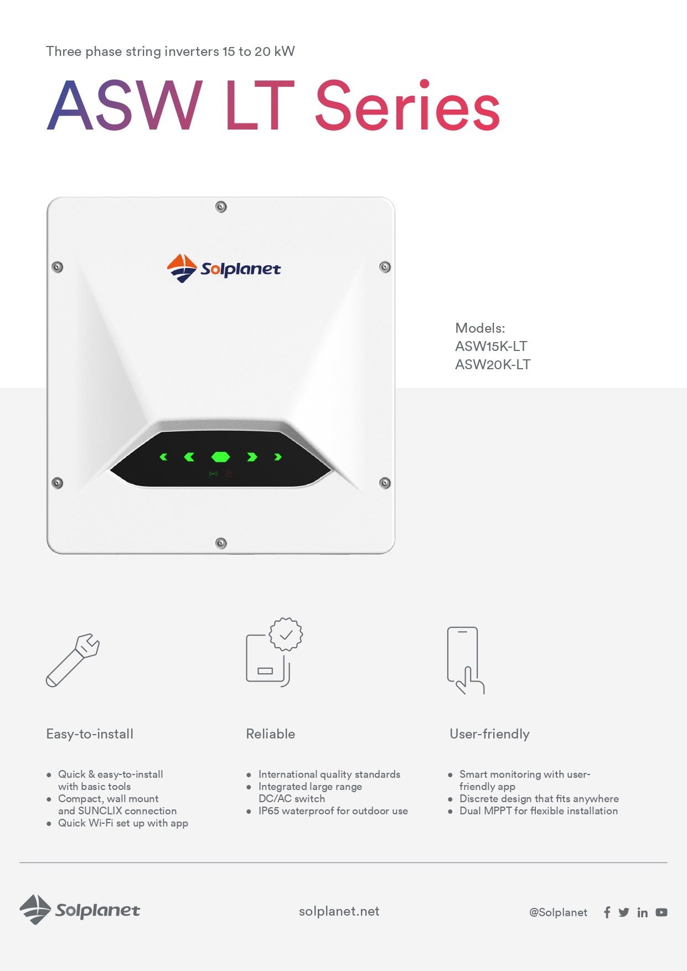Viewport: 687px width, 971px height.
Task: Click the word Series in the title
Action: pyautogui.click(x=407, y=105)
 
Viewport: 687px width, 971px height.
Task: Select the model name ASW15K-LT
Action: pyautogui.click(x=491, y=347)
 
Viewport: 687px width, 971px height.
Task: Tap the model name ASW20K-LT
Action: pyautogui.click(x=493, y=365)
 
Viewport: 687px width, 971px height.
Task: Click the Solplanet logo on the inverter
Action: pyautogui.click(x=224, y=268)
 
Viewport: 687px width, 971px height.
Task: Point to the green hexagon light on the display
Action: pyautogui.click(x=221, y=457)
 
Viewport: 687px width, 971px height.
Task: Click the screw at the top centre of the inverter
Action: pyautogui.click(x=221, y=207)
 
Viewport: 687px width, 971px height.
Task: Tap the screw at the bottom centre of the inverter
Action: pyautogui.click(x=221, y=543)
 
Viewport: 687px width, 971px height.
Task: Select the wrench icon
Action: pyautogui.click(x=73, y=660)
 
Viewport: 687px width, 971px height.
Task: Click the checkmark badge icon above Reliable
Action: pyautogui.click(x=286, y=634)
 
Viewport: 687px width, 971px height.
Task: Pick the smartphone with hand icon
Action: pyautogui.click(x=466, y=660)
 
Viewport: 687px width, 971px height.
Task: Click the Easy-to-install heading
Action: pyautogui.click(x=90, y=734)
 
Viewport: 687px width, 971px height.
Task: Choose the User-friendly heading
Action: pyautogui.click(x=489, y=734)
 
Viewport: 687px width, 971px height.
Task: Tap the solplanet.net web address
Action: pyautogui.click(x=339, y=911)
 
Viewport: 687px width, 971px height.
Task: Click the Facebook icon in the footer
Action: pyautogui.click(x=607, y=912)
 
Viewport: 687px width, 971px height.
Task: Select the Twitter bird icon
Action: pyautogui.click(x=624, y=912)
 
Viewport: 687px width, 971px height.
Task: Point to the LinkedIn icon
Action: pyautogui.click(x=642, y=912)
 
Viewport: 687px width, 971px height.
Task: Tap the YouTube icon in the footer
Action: pyautogui.click(x=662, y=912)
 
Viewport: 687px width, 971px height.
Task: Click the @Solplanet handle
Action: pyautogui.click(x=558, y=912)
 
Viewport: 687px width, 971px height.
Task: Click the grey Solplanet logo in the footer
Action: pyautogui.click(x=80, y=910)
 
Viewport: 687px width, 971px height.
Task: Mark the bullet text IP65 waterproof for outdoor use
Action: pyautogui.click(x=333, y=811)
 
